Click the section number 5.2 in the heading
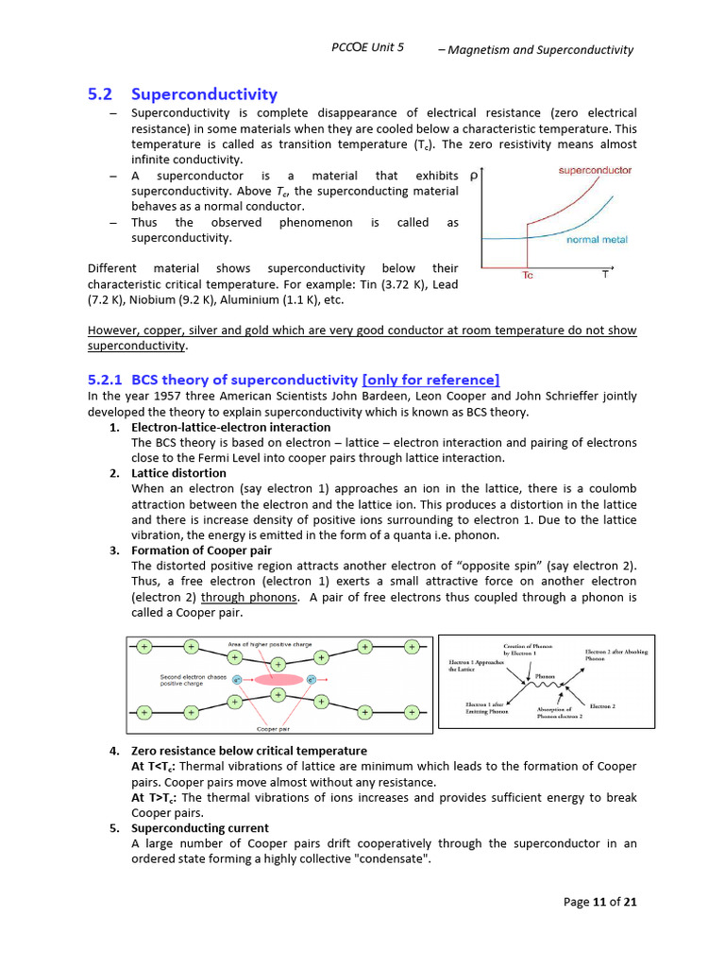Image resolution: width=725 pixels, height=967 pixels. coord(100,93)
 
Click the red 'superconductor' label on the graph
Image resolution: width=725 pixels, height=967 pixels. coord(595,170)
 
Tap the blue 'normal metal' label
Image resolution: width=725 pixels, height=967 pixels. coord(597,240)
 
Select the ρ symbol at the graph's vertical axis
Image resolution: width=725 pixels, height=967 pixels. coord(472,176)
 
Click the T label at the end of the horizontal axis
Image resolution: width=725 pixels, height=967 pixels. coord(605,275)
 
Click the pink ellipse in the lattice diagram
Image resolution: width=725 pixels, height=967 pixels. coord(278,679)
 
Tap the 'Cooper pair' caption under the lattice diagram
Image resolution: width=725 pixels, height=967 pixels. coord(273,729)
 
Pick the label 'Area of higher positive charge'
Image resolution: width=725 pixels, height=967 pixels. coord(270,644)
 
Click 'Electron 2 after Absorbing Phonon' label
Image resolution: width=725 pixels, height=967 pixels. coord(615,654)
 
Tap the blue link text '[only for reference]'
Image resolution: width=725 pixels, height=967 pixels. coord(430,380)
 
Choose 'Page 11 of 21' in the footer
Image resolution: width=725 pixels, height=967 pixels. coord(599,902)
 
